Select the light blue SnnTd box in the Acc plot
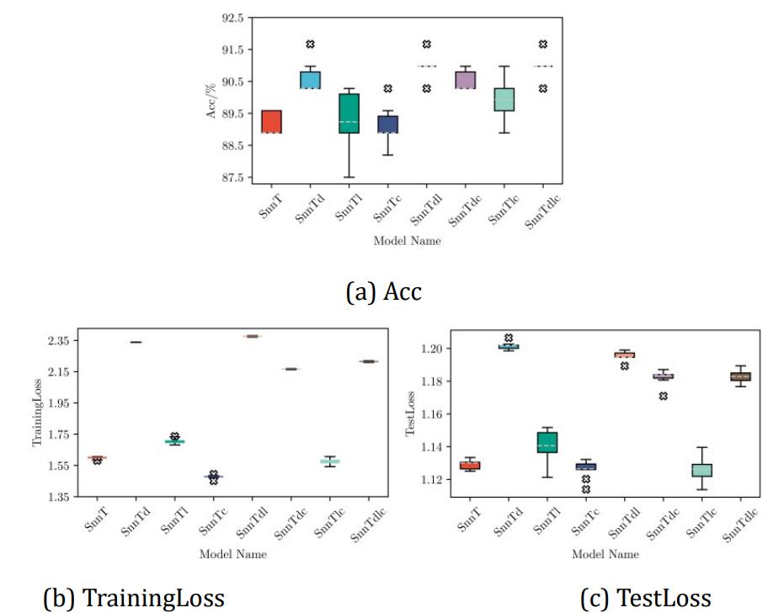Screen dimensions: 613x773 coord(310,79)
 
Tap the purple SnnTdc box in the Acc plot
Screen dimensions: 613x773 coord(465,79)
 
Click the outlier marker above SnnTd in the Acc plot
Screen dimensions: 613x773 coord(310,44)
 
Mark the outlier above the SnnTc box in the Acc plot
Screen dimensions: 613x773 coord(387,88)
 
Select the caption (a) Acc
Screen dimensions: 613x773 coord(384,291)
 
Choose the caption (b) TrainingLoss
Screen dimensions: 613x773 coord(134,597)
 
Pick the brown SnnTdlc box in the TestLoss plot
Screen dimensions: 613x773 coord(740,376)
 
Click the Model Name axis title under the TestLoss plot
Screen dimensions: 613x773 coord(605,554)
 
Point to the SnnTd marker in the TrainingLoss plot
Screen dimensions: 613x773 coord(136,342)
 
